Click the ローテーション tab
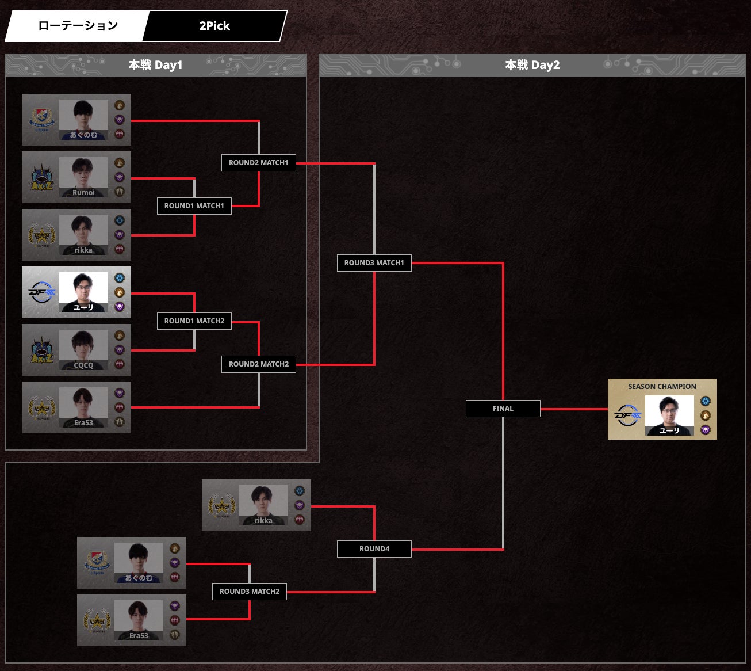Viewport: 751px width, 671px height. (78, 26)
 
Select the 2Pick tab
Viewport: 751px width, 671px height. (214, 26)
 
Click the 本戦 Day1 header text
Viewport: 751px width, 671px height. (155, 65)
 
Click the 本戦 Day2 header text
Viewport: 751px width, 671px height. (532, 65)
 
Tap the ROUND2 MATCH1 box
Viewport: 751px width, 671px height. (259, 163)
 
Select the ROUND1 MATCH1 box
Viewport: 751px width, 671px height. (194, 206)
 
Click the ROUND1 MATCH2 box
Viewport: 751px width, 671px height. (194, 321)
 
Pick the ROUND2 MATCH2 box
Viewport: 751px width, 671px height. (259, 364)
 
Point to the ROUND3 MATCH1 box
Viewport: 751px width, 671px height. (374, 263)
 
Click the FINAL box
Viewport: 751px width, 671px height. (503, 409)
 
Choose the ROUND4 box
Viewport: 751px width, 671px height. (374, 549)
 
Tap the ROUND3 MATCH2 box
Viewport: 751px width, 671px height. (250, 592)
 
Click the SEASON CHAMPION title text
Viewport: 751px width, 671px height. (662, 387)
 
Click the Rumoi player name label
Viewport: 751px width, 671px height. (83, 193)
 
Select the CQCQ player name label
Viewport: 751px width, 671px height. (83, 365)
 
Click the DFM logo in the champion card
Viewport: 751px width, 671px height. (627, 415)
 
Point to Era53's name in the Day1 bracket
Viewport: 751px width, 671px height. (83, 423)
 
